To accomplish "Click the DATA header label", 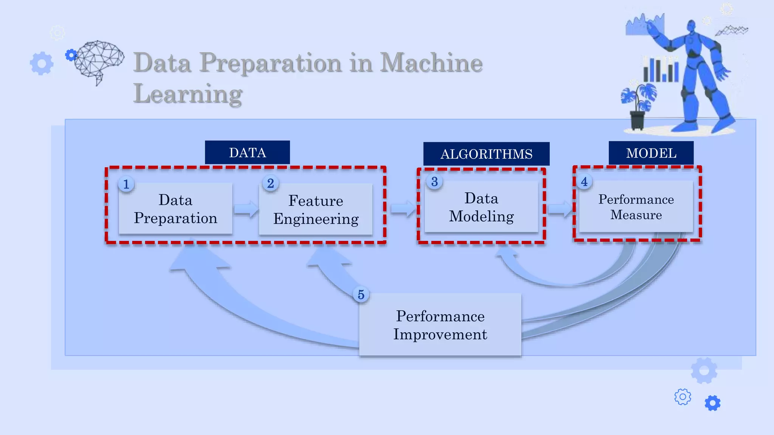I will click(247, 153).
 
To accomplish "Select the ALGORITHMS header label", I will click(486, 154).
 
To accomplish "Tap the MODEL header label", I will click(651, 153).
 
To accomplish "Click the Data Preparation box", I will click(175, 209).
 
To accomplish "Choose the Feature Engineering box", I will click(316, 210).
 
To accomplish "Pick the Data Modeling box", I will click(481, 207).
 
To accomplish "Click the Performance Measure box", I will click(636, 207).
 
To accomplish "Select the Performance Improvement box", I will click(440, 325).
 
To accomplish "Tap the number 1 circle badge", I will click(126, 184).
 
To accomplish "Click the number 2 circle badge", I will click(271, 184).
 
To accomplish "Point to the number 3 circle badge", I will click(434, 182).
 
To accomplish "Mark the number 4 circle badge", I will click(584, 182).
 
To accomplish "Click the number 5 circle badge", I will click(361, 295).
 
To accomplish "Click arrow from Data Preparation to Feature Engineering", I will click(246, 209).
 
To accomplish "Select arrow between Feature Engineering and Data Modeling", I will click(402, 208).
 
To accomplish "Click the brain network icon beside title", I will click(98, 60).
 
